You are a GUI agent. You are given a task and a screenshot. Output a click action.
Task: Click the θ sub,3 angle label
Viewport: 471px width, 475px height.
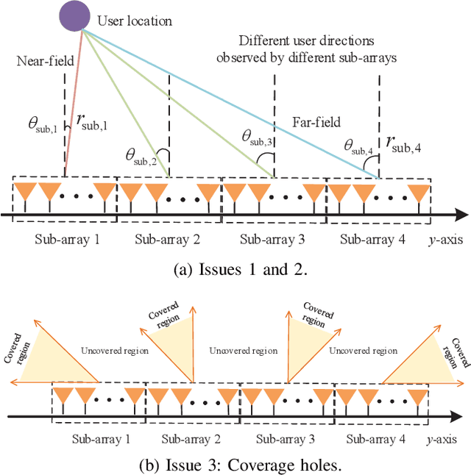point(257,137)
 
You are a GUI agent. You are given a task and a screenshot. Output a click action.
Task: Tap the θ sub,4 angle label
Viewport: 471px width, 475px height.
point(358,147)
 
